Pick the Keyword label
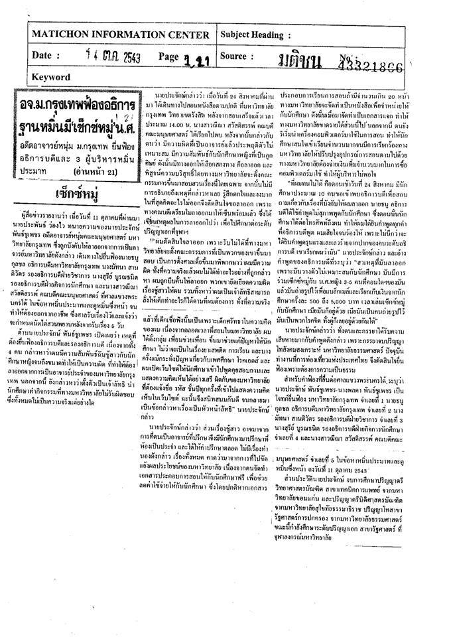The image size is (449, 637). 50,77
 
